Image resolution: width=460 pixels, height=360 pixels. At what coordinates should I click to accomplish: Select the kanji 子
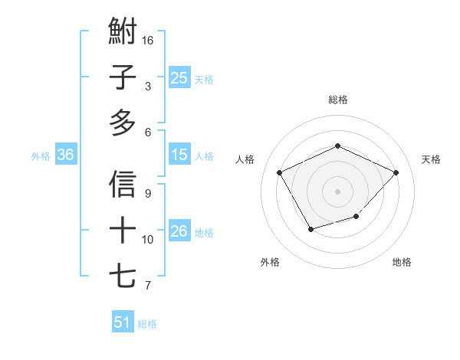(123, 77)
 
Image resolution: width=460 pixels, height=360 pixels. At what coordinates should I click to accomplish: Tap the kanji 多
(123, 122)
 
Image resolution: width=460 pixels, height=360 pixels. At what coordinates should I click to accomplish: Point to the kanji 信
(123, 185)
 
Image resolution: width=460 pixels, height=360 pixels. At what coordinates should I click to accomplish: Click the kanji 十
(123, 230)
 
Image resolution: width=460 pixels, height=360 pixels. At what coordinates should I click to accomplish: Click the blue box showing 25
(179, 77)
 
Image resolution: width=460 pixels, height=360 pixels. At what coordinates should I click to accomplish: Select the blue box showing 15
(179, 155)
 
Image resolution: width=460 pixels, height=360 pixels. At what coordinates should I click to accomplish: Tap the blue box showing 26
(179, 231)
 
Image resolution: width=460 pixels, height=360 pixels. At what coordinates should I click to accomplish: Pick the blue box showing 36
(65, 155)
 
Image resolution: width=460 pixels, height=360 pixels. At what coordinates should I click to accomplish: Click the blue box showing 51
(123, 322)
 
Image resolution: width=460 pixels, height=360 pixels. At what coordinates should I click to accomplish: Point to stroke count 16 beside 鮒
(149, 39)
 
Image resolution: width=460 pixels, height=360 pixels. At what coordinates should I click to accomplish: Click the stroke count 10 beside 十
(149, 239)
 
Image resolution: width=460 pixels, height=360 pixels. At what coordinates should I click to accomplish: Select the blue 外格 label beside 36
(41, 155)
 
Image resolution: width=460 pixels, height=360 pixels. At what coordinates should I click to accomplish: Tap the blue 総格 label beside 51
(147, 323)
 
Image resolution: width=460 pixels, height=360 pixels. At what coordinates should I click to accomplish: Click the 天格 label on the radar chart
(431, 159)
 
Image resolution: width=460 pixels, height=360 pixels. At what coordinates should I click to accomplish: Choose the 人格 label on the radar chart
(245, 159)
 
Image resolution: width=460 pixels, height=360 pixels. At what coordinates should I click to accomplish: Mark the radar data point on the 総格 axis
(337, 146)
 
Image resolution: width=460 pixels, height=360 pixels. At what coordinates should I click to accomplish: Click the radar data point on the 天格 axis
(396, 172)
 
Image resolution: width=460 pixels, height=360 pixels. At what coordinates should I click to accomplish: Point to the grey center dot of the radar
(337, 191)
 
